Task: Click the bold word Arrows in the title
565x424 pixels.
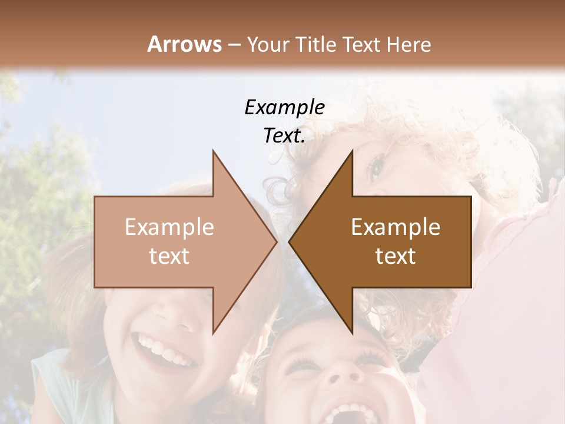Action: [x=184, y=44]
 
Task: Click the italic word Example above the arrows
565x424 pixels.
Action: [x=284, y=107]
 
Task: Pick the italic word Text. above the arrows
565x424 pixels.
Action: [x=284, y=136]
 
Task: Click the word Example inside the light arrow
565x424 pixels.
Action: [x=169, y=227]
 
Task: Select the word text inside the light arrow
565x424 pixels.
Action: [x=169, y=256]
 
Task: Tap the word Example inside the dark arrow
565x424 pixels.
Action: [x=395, y=227]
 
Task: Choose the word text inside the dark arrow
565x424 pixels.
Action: [x=395, y=256]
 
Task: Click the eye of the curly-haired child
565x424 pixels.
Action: [x=375, y=168]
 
